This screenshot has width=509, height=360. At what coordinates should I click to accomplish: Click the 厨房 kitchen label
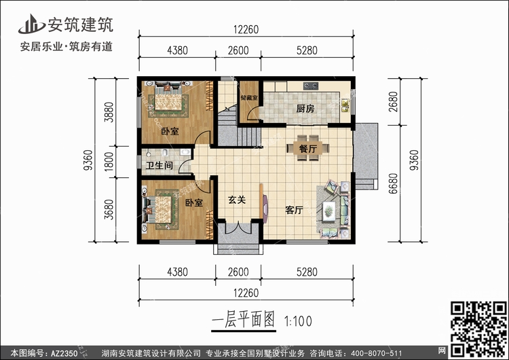(305, 109)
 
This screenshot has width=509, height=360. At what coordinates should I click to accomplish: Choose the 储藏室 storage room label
(248, 98)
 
